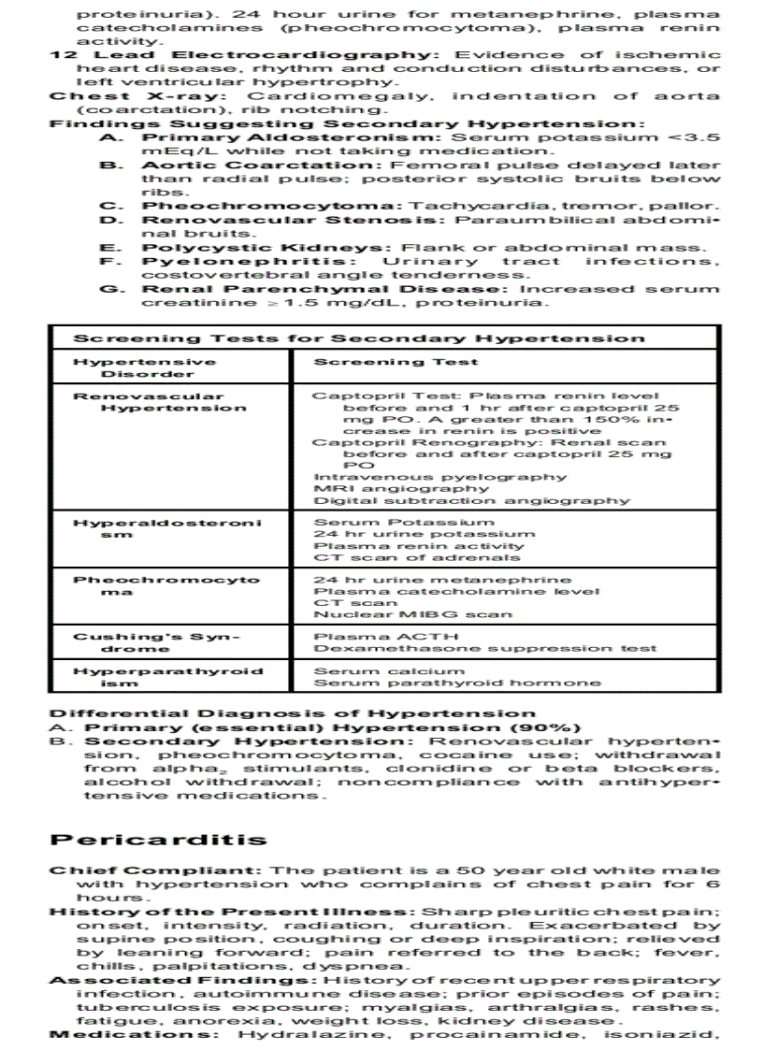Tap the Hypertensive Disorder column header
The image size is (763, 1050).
(x=144, y=367)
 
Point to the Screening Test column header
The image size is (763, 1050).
(x=396, y=361)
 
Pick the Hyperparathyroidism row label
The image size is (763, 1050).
(x=167, y=677)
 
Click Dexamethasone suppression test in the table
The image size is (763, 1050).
(x=484, y=648)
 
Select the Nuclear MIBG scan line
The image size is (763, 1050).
(x=412, y=614)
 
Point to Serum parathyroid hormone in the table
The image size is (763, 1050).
(x=456, y=683)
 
